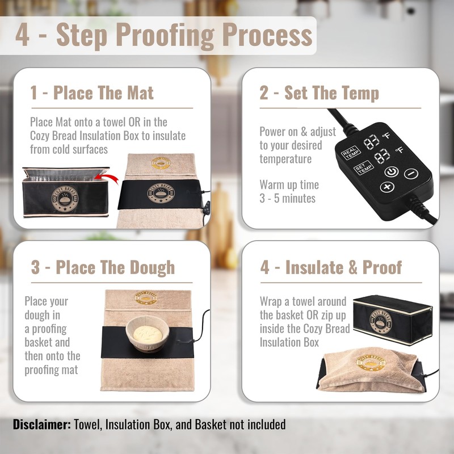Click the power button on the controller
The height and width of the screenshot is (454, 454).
click(x=392, y=170)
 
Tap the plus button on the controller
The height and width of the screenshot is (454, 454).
click(x=387, y=187)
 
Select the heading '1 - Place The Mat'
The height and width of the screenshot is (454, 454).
click(x=92, y=93)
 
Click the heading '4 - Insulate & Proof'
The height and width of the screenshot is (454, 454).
click(x=331, y=267)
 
